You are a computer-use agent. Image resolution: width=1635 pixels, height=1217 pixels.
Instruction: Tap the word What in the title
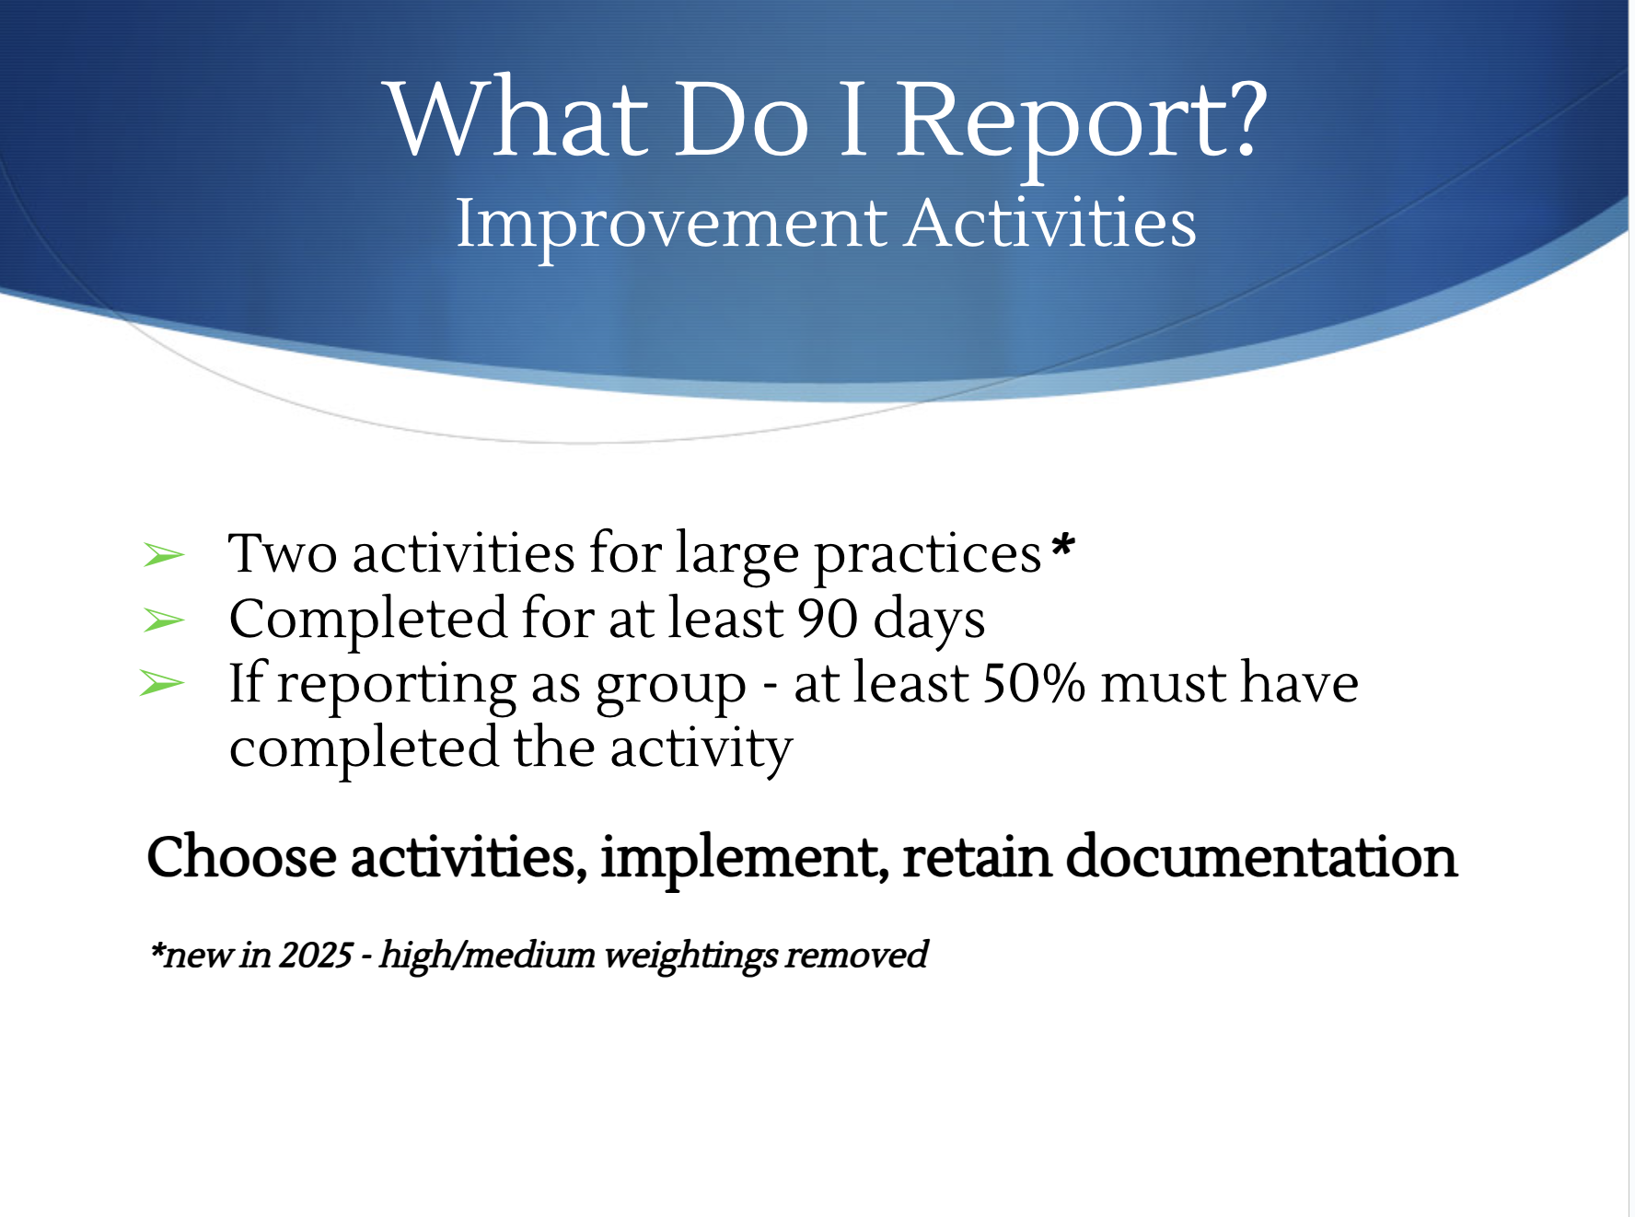516,117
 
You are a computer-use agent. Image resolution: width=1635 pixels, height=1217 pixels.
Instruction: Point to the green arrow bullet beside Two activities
164,555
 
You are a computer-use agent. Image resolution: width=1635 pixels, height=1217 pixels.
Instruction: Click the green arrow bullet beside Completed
164,620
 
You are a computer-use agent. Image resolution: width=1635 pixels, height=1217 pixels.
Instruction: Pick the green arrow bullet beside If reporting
162,684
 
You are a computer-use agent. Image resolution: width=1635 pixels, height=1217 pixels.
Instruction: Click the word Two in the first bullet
283,553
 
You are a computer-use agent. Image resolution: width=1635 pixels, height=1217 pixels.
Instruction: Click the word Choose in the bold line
241,857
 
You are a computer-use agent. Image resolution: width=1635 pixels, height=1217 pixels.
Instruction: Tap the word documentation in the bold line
1261,857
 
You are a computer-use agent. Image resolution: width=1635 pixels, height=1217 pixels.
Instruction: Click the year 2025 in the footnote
316,955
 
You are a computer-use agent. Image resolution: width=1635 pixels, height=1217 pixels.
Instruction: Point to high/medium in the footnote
487,956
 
